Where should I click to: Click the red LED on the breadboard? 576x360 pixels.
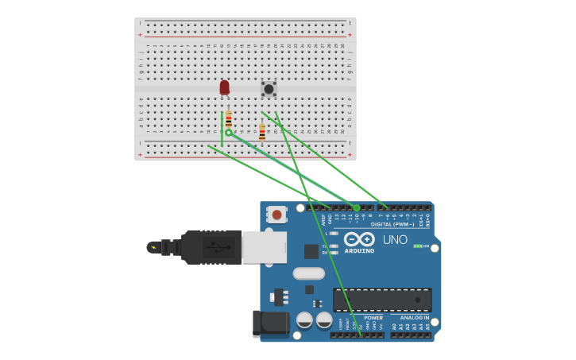pyautogui.click(x=224, y=87)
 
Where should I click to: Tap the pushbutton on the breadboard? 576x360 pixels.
pyautogui.click(x=269, y=89)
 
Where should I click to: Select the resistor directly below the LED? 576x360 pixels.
pyautogui.click(x=229, y=120)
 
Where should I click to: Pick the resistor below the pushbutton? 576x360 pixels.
pyautogui.click(x=262, y=133)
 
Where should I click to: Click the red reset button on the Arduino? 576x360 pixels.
pyautogui.click(x=276, y=214)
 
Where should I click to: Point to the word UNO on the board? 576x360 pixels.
pyautogui.click(x=395, y=240)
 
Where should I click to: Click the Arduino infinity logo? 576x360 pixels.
pyautogui.click(x=359, y=239)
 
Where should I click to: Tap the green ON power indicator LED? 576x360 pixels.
pyautogui.click(x=417, y=246)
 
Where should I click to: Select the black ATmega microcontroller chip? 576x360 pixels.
pyautogui.click(x=382, y=300)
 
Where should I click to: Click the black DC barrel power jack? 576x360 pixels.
pyautogui.click(x=270, y=323)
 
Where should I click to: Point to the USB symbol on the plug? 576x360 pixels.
pyautogui.click(x=211, y=247)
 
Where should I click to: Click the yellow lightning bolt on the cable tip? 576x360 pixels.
pyautogui.click(x=153, y=247)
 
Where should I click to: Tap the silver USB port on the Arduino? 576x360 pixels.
pyautogui.click(x=264, y=247)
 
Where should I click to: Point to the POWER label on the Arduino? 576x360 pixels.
pyautogui.click(x=373, y=317)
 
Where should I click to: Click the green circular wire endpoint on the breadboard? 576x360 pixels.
pyautogui.click(x=229, y=133)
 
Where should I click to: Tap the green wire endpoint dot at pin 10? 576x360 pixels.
pyautogui.click(x=357, y=208)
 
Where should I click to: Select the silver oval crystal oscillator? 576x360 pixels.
pyautogui.click(x=308, y=273)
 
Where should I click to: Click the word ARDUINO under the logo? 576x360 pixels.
pyautogui.click(x=359, y=250)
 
